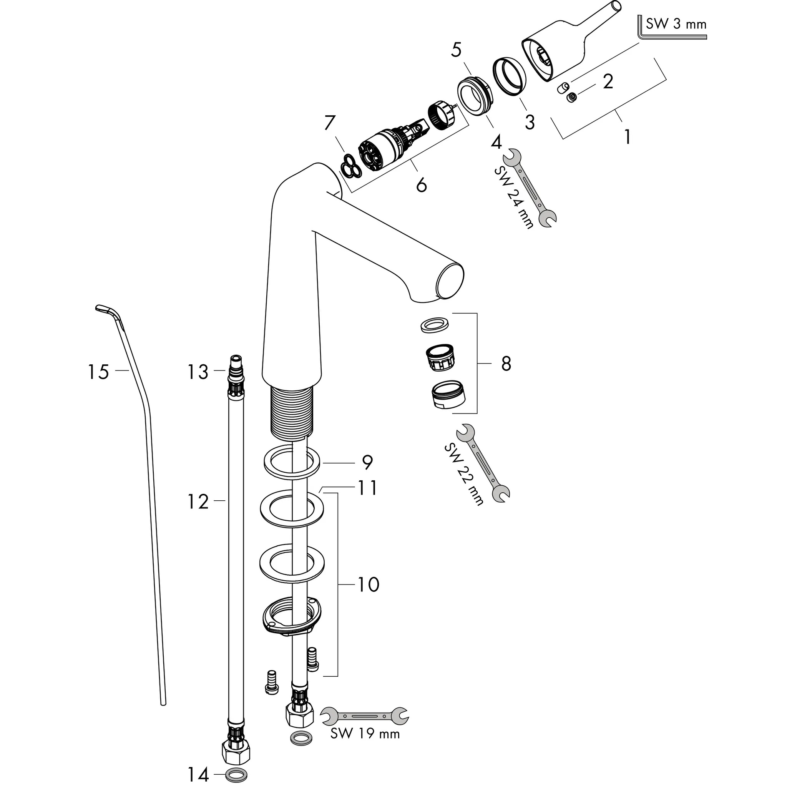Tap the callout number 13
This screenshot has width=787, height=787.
point(198,372)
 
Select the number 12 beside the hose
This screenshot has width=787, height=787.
point(198,502)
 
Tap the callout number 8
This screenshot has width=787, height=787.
point(506,364)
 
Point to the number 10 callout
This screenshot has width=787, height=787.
point(368,584)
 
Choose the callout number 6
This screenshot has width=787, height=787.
point(421,185)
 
